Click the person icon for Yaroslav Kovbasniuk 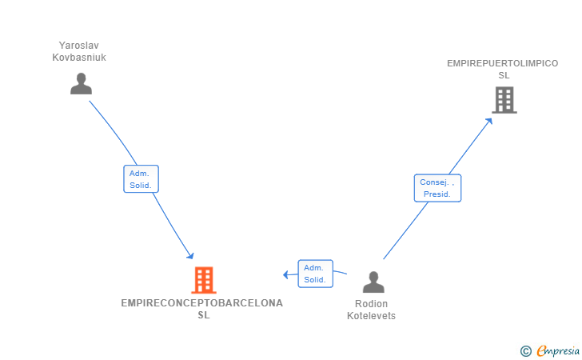coord(81,84)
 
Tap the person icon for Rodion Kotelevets coord(373,282)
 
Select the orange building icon coord(204,280)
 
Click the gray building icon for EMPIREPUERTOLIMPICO coord(504,100)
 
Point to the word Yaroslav coord(78,45)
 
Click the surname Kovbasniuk coord(78,58)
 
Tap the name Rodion coord(371,304)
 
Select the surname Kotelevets coord(371,316)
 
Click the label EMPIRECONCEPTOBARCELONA coord(202,303)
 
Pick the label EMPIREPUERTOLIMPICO coord(503,63)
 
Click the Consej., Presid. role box coord(437,188)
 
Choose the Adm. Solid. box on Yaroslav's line coord(141,178)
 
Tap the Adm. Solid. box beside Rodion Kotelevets coord(315,274)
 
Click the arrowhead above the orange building coord(190,256)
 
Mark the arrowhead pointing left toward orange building coord(286,275)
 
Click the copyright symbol coord(525,350)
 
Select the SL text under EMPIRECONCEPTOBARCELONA coord(203,315)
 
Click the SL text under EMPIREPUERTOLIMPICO coord(504,75)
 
